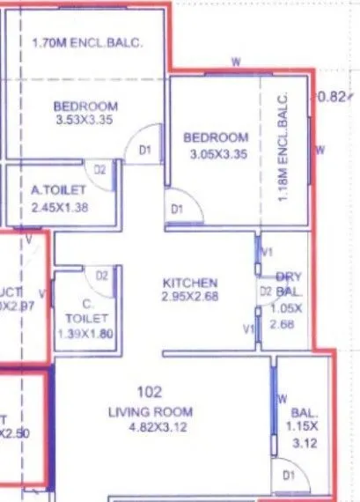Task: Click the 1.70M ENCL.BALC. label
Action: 86,41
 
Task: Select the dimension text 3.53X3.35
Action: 85,120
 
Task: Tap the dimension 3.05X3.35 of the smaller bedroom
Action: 216,151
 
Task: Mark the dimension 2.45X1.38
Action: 61,209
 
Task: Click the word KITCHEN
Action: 190,283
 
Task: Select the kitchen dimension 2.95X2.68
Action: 190,296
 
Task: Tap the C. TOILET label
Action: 88,311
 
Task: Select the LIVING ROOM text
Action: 150,412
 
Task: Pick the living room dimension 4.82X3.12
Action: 150,426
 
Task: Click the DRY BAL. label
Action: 290,283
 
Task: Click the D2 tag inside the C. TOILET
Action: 101,276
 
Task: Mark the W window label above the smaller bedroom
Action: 235,62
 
